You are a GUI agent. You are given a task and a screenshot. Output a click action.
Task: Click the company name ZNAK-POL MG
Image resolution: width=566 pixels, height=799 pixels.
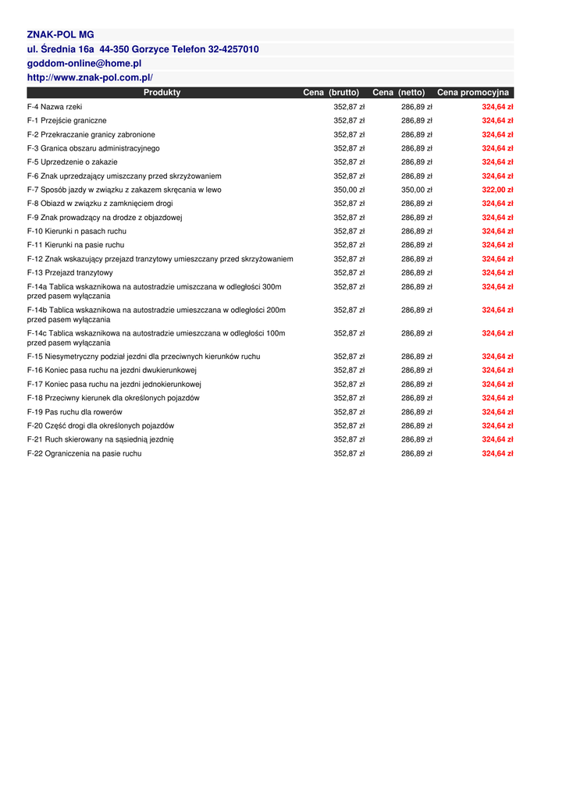60,35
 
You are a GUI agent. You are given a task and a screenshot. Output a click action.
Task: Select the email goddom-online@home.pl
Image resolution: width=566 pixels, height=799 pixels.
84,63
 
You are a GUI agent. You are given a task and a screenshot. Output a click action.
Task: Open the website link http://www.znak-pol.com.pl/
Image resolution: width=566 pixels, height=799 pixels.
90,77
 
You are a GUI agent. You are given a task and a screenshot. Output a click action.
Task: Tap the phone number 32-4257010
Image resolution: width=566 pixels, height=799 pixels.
233,49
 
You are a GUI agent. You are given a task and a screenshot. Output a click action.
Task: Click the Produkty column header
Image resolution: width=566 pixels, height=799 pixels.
162,92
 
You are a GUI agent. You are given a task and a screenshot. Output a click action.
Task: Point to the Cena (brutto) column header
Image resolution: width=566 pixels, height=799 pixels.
331,92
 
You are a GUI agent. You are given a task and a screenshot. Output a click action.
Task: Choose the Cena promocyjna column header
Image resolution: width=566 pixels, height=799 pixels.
473,92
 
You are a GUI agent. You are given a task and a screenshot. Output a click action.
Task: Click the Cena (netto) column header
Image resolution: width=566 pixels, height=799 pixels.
399,92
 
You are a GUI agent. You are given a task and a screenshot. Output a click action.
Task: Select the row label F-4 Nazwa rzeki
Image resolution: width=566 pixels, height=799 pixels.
55,107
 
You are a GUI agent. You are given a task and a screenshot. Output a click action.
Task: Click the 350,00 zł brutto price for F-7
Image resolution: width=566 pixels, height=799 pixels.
349,190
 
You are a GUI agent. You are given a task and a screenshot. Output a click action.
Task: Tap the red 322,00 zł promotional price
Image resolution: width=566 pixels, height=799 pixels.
497,190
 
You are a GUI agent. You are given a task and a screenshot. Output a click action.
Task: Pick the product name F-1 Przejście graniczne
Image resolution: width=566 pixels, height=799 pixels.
67,121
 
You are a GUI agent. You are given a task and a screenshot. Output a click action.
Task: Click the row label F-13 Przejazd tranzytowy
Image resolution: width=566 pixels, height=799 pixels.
70,273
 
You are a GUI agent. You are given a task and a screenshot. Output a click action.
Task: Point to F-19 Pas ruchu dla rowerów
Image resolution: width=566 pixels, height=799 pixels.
75,412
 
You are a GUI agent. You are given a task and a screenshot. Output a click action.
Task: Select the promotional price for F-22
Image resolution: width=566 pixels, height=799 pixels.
497,453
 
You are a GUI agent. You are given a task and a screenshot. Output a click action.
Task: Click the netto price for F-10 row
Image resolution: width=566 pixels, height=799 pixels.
417,232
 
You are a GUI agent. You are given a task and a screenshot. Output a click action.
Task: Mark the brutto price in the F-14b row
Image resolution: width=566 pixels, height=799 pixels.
349,310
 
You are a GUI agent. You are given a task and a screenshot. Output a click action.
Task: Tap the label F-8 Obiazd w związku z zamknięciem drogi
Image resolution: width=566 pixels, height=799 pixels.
100,204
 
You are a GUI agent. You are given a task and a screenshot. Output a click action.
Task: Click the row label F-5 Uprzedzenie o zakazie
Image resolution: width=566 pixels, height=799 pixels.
73,162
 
